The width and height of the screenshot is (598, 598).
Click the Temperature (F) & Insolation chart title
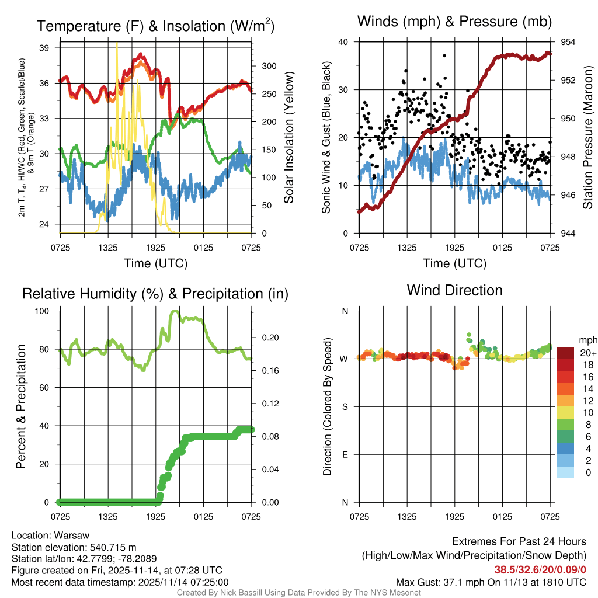(x=155, y=26)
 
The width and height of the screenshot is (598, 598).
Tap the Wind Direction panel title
(x=454, y=290)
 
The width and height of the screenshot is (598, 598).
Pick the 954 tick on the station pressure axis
(x=568, y=42)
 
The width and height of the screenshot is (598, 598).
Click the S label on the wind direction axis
(x=345, y=406)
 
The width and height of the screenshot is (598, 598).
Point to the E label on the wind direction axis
(x=345, y=454)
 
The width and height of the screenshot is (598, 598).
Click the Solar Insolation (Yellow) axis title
(x=288, y=138)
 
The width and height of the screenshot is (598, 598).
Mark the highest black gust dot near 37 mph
(x=444, y=55)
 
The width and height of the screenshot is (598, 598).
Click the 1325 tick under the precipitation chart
(x=109, y=517)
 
